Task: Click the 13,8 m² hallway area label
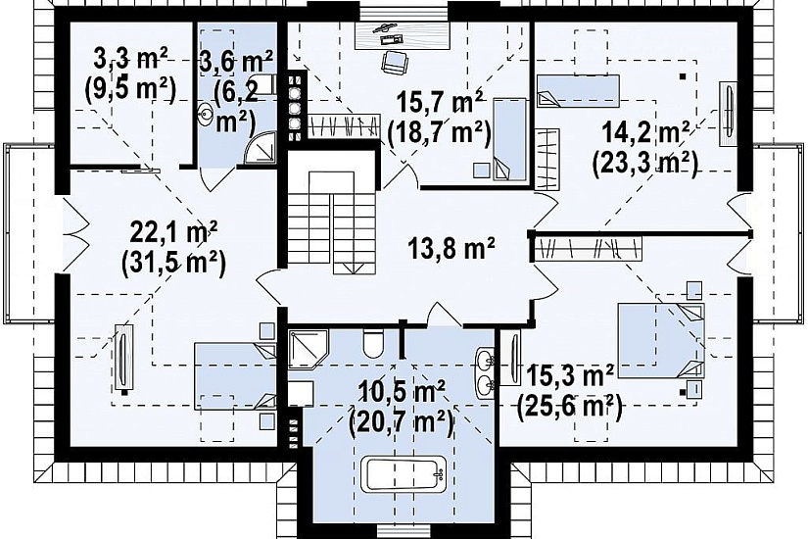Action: (452, 250)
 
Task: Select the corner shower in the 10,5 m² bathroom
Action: (308, 350)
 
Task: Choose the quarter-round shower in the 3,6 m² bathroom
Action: (261, 148)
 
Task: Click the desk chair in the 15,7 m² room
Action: (395, 62)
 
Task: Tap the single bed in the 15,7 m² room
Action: (510, 139)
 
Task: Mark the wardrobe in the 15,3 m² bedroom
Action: (589, 249)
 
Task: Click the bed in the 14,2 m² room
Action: (578, 91)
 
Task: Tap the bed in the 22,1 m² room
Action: (235, 376)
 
